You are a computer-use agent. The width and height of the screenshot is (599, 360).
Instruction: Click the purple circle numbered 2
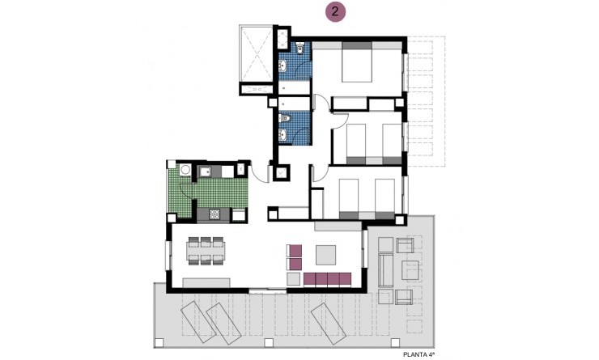[333, 12]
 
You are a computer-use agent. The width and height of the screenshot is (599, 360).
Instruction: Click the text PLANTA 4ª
[423, 354]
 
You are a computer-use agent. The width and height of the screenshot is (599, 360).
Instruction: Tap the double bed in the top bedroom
[356, 62]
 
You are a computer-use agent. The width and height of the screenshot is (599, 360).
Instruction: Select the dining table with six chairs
[206, 250]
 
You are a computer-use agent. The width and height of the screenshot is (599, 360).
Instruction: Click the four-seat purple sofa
[327, 279]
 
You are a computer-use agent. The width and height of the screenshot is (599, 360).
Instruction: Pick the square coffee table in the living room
[328, 255]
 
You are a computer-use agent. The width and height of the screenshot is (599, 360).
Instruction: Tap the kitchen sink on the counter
[205, 171]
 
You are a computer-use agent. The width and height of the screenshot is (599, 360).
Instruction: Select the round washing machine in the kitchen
[185, 170]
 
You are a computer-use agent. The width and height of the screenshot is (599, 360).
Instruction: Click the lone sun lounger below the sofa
[325, 320]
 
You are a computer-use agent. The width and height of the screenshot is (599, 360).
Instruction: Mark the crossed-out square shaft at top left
[256, 55]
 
